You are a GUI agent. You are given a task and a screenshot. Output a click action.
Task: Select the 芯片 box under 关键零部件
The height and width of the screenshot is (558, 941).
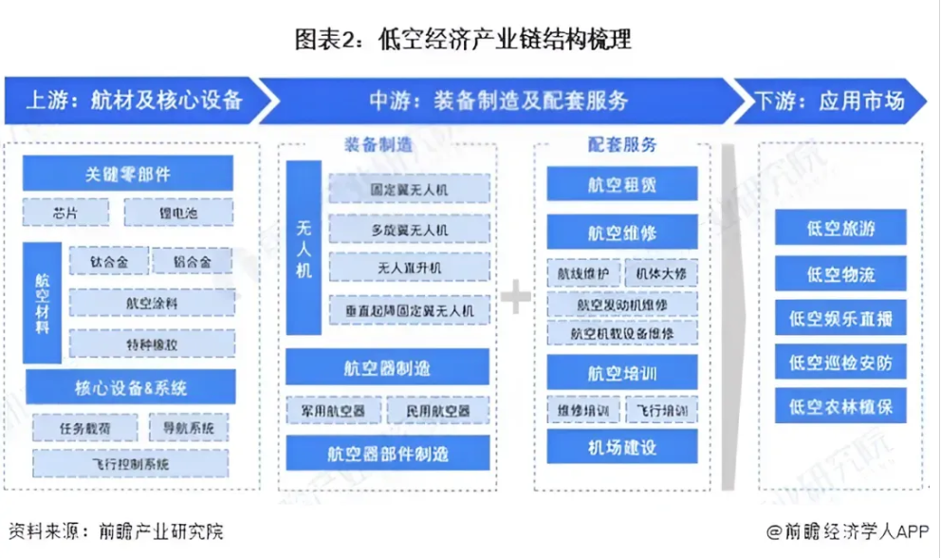tap(65, 213)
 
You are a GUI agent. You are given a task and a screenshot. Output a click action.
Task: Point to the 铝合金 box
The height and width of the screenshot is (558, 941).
tap(193, 261)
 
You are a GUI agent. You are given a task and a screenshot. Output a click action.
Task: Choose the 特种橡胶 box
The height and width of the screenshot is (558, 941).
tap(152, 344)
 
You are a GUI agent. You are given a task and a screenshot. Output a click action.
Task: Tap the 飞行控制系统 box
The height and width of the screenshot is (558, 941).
tap(132, 464)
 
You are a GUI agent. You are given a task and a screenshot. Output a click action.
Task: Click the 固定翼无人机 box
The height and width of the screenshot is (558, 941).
tap(409, 189)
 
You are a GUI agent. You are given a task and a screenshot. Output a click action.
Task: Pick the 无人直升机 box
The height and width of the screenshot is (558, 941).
tap(409, 269)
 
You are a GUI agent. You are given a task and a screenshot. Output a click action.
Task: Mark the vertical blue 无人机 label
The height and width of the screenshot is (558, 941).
tap(304, 249)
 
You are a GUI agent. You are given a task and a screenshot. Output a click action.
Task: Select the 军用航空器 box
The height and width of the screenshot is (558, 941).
tap(333, 411)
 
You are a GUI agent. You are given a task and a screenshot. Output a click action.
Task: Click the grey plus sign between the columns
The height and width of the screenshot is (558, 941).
tap(516, 298)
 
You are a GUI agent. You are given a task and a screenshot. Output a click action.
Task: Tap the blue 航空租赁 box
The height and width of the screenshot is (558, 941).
tap(621, 184)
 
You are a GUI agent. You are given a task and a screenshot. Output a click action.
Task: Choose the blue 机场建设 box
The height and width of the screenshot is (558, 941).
tap(621, 448)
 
